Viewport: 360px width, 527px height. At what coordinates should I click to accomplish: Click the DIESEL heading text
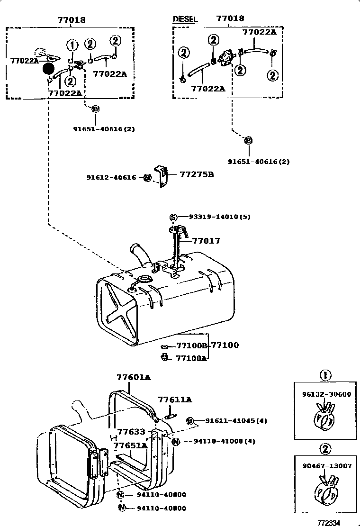[185, 19]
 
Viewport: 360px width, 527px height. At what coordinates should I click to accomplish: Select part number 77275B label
[197, 174]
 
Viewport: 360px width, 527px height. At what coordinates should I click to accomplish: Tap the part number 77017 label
[206, 241]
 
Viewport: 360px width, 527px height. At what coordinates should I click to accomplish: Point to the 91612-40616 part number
[111, 178]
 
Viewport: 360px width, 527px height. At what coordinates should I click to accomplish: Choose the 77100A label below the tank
[191, 358]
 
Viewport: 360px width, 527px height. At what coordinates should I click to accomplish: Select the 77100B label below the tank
[191, 346]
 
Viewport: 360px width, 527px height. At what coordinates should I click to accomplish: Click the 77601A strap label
[134, 377]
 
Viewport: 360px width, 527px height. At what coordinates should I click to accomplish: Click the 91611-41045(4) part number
[231, 420]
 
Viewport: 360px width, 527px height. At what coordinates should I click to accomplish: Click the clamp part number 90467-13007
[327, 466]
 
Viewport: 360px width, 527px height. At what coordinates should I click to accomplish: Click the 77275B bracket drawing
[162, 177]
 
